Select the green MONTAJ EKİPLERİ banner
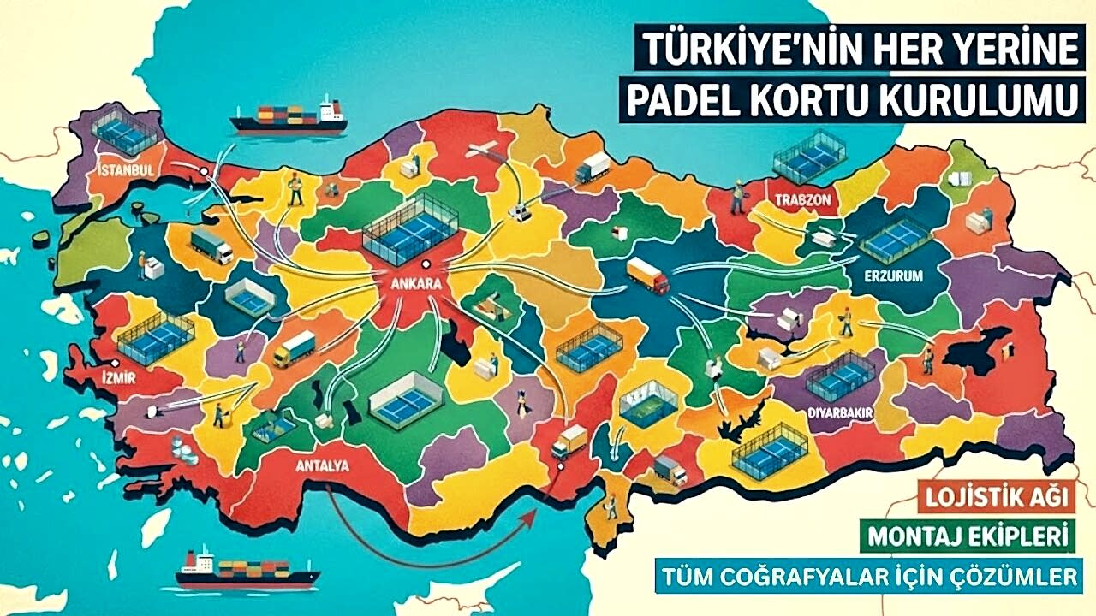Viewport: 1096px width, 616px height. pyautogui.click(x=968, y=537)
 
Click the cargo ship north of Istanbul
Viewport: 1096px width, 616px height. pyautogui.click(x=289, y=117)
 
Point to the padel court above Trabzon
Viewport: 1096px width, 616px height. pyautogui.click(x=808, y=156)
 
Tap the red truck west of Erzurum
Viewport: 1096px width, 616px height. pyautogui.click(x=647, y=275)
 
